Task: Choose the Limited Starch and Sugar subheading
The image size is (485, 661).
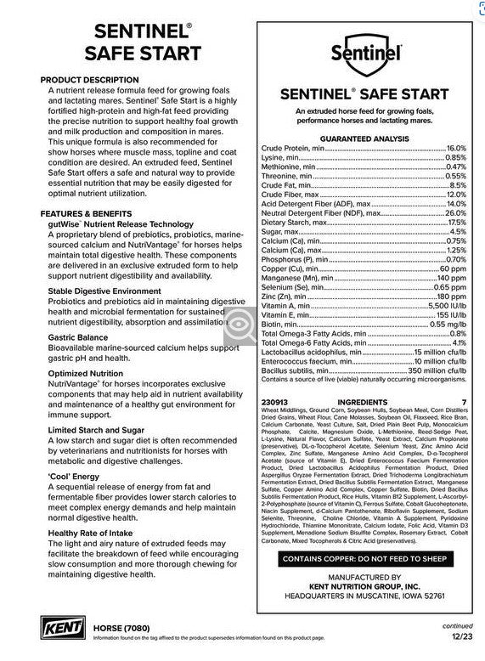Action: tap(96, 430)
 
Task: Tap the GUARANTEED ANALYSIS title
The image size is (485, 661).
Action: tap(364, 138)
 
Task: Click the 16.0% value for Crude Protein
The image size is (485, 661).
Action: tap(456, 148)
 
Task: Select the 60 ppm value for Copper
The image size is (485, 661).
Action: tap(453, 268)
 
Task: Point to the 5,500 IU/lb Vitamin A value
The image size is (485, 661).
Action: tap(446, 303)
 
